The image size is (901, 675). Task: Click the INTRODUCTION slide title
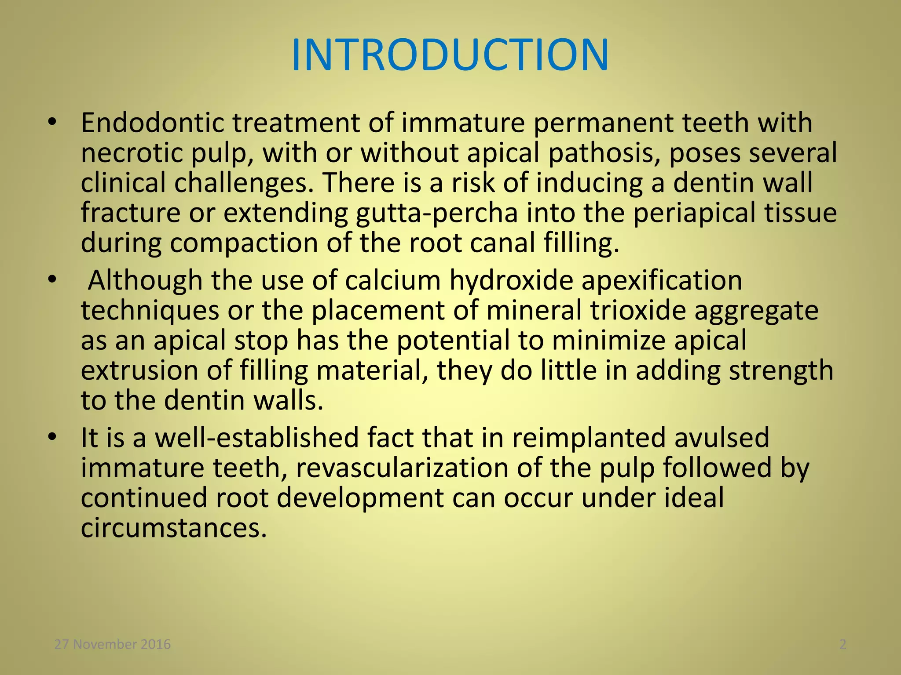click(450, 55)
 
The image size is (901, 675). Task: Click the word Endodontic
click(152, 123)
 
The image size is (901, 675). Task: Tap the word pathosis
click(604, 153)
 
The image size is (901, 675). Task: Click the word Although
click(145, 280)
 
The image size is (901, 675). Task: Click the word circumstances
click(174, 528)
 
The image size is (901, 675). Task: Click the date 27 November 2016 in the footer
click(113, 645)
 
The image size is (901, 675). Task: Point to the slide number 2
click(843, 645)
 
